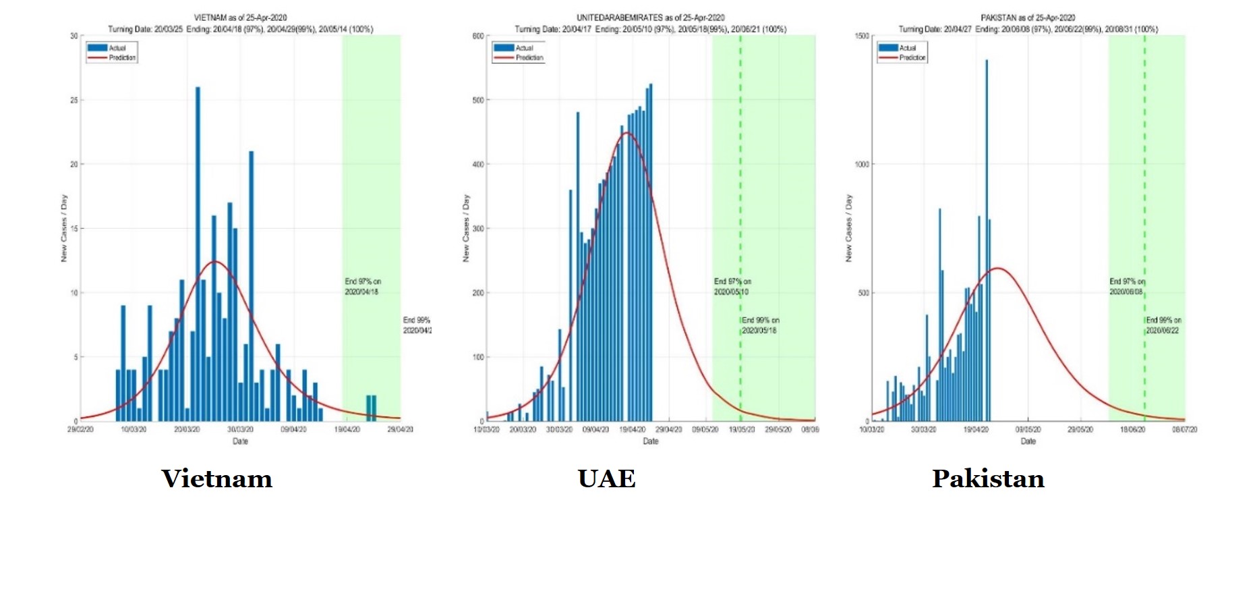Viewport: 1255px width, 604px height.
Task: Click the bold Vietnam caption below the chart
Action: click(216, 478)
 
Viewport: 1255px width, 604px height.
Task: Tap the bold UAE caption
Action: click(606, 478)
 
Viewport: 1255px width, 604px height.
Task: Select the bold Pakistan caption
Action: click(988, 478)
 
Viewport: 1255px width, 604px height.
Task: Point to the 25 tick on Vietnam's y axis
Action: click(74, 100)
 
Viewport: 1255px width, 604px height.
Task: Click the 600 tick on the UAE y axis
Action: click(478, 36)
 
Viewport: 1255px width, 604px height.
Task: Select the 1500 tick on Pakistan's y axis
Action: click(862, 36)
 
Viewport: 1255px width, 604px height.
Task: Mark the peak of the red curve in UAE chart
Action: click(626, 133)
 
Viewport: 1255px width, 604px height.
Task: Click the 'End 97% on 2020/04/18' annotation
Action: click(362, 287)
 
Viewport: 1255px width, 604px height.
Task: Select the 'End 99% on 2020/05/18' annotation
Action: click(760, 325)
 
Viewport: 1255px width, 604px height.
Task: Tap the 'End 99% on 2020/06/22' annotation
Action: click(1163, 325)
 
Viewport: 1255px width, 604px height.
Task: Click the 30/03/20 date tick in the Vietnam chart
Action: click(240, 429)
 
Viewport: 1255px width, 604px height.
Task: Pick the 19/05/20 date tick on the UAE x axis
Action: click(742, 429)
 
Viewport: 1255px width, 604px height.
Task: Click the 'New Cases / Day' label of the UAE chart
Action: click(466, 228)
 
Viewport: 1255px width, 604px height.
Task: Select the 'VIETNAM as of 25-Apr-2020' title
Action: click(240, 18)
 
